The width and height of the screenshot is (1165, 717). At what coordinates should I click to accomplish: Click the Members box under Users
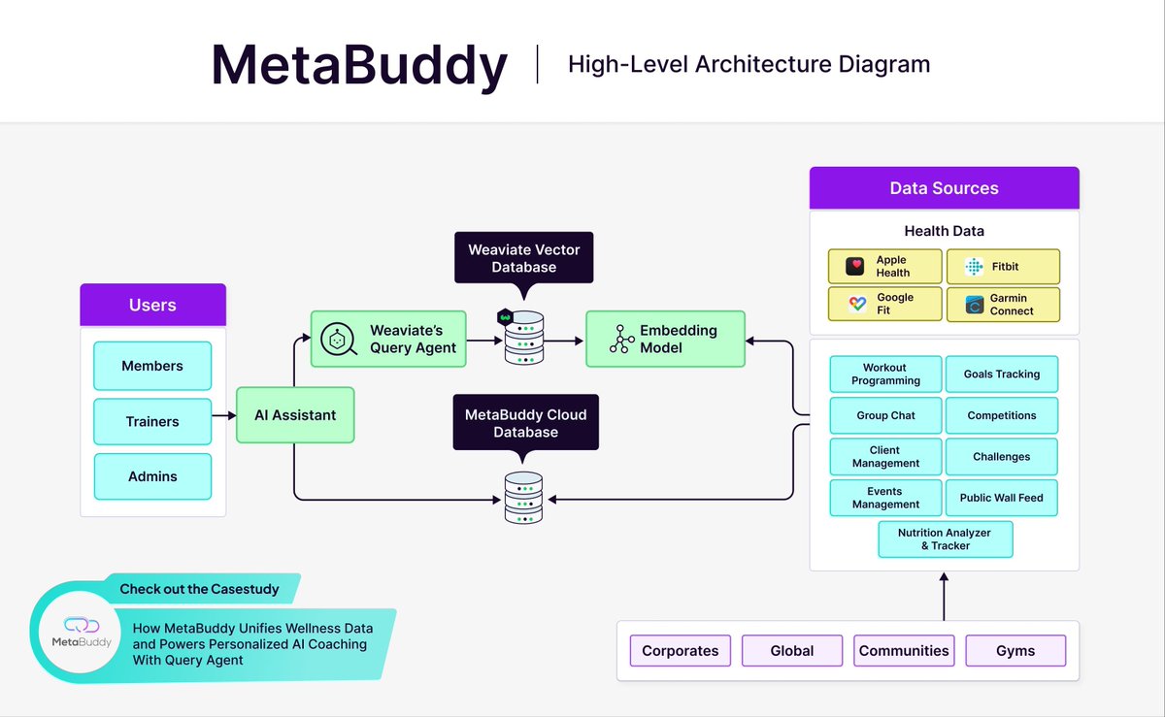pos(152,366)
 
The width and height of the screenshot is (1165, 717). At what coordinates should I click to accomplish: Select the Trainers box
pos(152,421)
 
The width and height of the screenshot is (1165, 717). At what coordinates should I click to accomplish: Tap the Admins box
pos(152,476)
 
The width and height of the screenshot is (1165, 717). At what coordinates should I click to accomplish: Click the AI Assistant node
pos(295,415)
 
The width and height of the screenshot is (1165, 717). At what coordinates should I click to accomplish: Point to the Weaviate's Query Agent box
pos(388,339)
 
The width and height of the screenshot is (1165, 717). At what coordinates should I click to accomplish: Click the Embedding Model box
pos(665,339)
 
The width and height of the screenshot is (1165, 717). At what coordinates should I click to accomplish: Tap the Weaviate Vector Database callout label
pos(523,258)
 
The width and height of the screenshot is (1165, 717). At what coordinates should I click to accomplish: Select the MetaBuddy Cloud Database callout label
pos(526,422)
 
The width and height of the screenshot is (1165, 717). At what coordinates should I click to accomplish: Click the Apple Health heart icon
pos(854,266)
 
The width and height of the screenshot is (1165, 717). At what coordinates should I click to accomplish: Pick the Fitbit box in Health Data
pos(1003,266)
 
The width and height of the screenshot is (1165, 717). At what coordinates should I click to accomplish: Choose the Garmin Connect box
pos(1003,304)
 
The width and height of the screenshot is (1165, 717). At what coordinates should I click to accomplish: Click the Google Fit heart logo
pos(857,304)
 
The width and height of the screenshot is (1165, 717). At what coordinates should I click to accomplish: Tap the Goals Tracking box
pos(1002,374)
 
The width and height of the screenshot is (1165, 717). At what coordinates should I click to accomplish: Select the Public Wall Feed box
pos(1002,498)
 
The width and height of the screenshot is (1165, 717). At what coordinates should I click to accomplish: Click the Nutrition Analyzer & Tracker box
pos(946,539)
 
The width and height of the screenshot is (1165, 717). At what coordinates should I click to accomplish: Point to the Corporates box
pos(681,650)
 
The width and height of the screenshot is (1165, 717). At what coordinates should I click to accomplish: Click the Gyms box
pos(1015,650)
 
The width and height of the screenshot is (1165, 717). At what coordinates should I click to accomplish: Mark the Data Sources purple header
pos(945,187)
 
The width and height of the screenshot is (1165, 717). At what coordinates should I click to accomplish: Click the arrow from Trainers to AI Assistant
pos(224,415)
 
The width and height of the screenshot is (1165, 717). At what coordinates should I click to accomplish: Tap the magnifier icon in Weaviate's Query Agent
pos(339,339)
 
